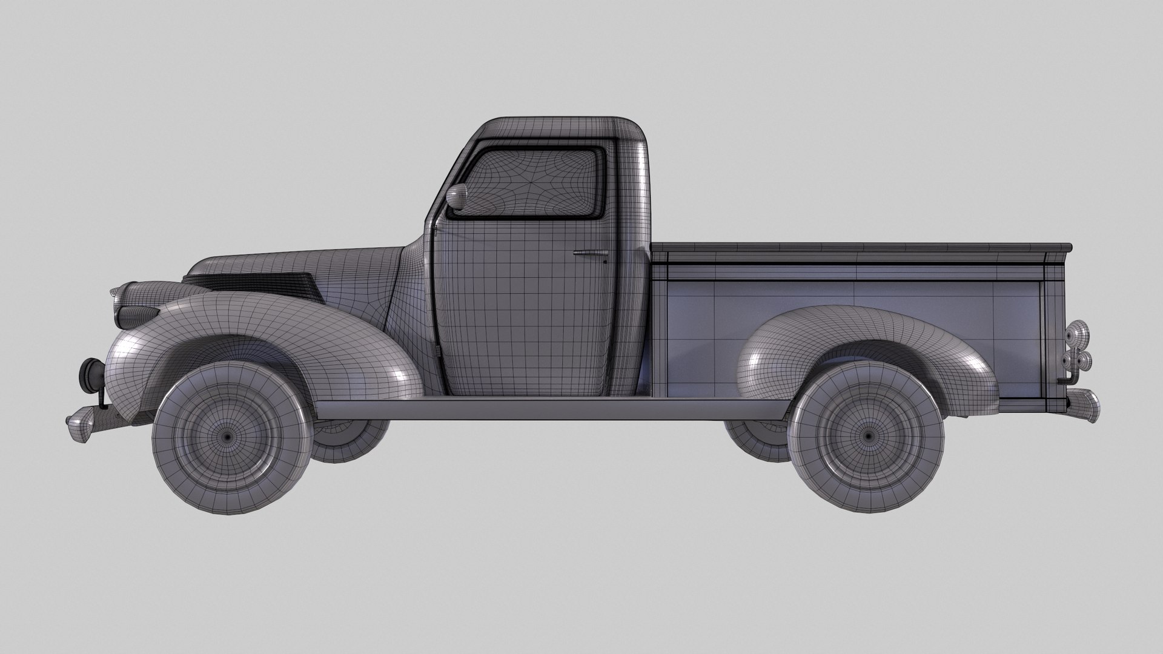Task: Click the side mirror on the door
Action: point(456,196)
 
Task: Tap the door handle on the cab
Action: point(591,252)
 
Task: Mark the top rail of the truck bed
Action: point(860,247)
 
